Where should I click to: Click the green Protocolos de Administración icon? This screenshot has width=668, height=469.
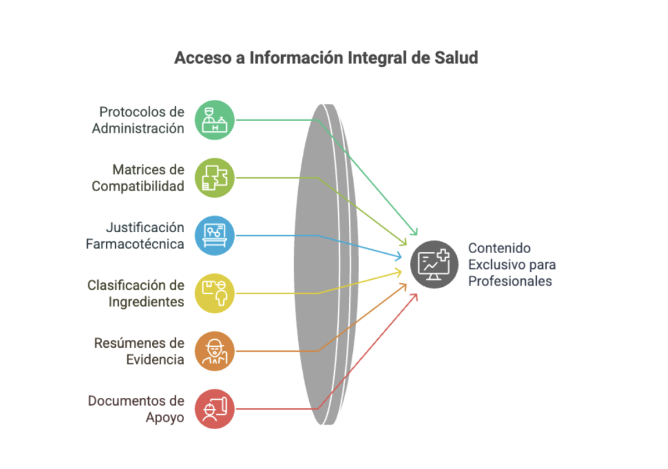(215, 120)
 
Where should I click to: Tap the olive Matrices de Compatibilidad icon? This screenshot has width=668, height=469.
(215, 177)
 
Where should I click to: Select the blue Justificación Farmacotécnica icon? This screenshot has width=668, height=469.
(215, 235)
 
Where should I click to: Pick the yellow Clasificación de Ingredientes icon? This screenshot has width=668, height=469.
(215, 293)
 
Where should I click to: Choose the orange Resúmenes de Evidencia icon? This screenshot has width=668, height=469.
(215, 351)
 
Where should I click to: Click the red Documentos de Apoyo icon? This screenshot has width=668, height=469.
(215, 408)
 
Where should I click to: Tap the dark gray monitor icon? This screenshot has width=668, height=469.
(434, 264)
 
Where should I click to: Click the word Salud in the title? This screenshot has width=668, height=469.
(456, 57)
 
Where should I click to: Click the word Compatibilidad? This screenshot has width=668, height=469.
(138, 186)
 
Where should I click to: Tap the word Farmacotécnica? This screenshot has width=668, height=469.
(135, 244)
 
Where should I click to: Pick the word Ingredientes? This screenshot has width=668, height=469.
(146, 302)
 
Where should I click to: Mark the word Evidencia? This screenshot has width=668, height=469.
(155, 359)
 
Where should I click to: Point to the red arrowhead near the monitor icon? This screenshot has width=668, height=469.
(414, 297)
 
